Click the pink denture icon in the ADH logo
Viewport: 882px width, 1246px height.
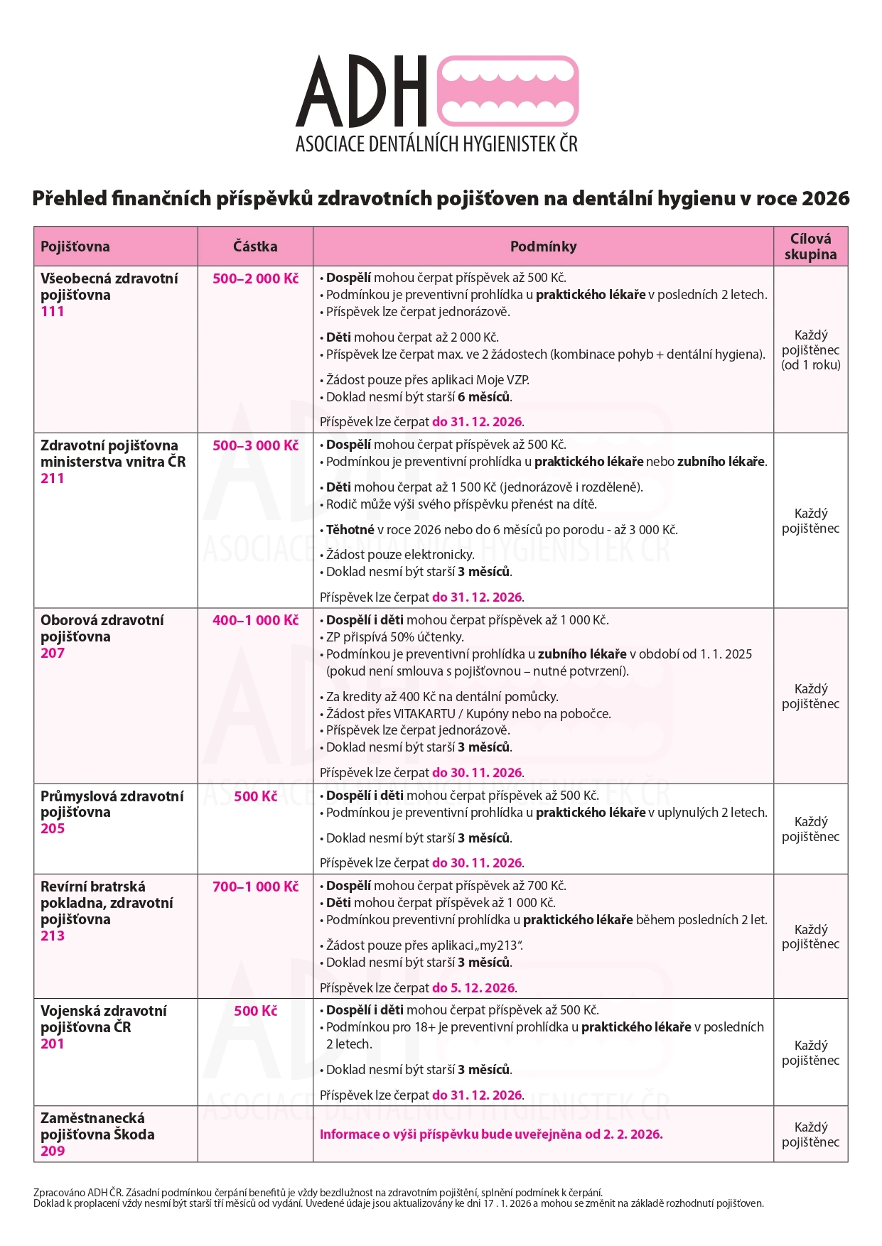point(507,92)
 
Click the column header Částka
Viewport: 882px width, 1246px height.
point(255,247)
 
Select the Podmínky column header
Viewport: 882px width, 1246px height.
point(543,247)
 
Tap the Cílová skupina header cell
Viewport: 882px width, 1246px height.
point(810,247)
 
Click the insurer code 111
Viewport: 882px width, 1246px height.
point(53,311)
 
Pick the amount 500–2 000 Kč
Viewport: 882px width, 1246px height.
point(255,278)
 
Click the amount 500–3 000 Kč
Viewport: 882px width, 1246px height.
point(255,445)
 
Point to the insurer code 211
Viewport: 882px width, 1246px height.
point(53,478)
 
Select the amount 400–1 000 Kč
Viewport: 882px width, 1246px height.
point(255,620)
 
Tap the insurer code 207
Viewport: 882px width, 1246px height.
point(53,653)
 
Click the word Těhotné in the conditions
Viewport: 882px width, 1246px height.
point(350,530)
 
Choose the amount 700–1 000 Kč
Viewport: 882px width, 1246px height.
point(255,887)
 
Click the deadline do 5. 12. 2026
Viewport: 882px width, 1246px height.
point(473,988)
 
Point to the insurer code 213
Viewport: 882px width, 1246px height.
point(53,936)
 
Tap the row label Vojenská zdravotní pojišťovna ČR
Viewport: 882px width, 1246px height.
point(103,1019)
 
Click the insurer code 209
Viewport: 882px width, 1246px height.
point(53,1151)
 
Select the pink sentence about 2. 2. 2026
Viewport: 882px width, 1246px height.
point(491,1134)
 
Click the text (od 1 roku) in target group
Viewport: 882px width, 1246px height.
point(810,365)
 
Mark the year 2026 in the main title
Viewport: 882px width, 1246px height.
point(825,198)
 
